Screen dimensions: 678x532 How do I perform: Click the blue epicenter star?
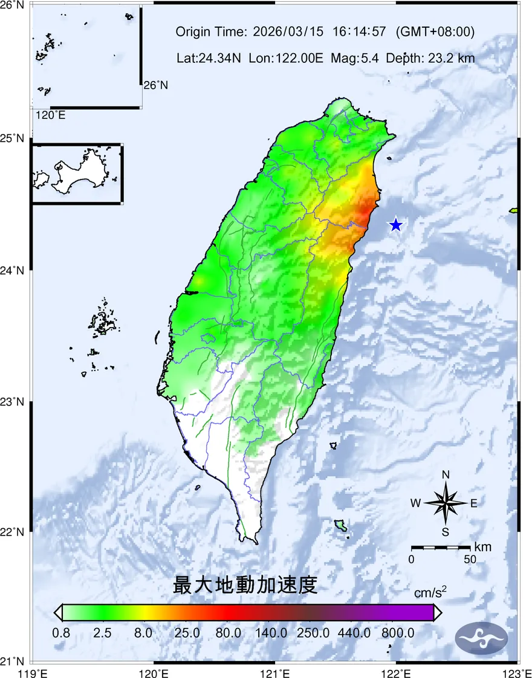pyautogui.click(x=395, y=225)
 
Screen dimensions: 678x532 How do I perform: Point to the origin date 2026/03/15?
pyautogui.click(x=289, y=31)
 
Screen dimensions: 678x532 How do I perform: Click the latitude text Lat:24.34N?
pyautogui.click(x=209, y=59)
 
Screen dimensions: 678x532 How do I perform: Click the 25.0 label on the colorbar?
pyautogui.click(x=187, y=633)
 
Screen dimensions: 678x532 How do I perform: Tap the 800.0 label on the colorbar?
pyautogui.click(x=398, y=633)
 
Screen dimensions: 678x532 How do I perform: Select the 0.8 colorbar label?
pyautogui.click(x=62, y=633)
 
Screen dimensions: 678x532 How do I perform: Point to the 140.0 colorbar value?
pyautogui.click(x=271, y=633)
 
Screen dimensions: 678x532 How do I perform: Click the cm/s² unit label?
pyautogui.click(x=430, y=592)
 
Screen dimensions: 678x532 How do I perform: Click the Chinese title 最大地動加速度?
pyautogui.click(x=245, y=585)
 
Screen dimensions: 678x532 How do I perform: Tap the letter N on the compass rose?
pyautogui.click(x=446, y=475)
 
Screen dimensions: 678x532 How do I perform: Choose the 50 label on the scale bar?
pyautogui.click(x=470, y=559)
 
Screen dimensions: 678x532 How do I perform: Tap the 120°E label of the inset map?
pyautogui.click(x=51, y=115)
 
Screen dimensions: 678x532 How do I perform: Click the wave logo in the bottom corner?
pyautogui.click(x=481, y=638)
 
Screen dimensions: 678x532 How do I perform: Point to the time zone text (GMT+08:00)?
pyautogui.click(x=435, y=31)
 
